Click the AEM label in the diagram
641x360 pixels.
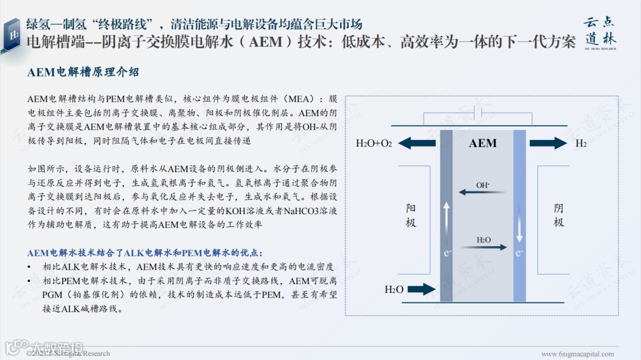pyautogui.click(x=483, y=144)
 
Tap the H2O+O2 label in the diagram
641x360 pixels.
pyautogui.click(x=373, y=144)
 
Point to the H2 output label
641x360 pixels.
pyautogui.click(x=581, y=144)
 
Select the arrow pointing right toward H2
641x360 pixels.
pyautogui.click(x=548, y=144)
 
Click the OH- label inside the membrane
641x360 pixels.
pyautogui.click(x=483, y=185)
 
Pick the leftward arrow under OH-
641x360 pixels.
pyautogui.click(x=481, y=192)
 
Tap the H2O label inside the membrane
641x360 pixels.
pyautogui.click(x=484, y=240)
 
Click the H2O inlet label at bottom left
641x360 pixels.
pyautogui.click(x=394, y=289)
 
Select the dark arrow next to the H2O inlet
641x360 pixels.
pyautogui.click(x=422, y=289)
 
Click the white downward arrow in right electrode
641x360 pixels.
pyautogui.click(x=519, y=224)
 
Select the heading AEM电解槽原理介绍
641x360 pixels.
pyautogui.click(x=83, y=72)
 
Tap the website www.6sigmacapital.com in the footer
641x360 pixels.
pyautogui.click(x=577, y=354)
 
